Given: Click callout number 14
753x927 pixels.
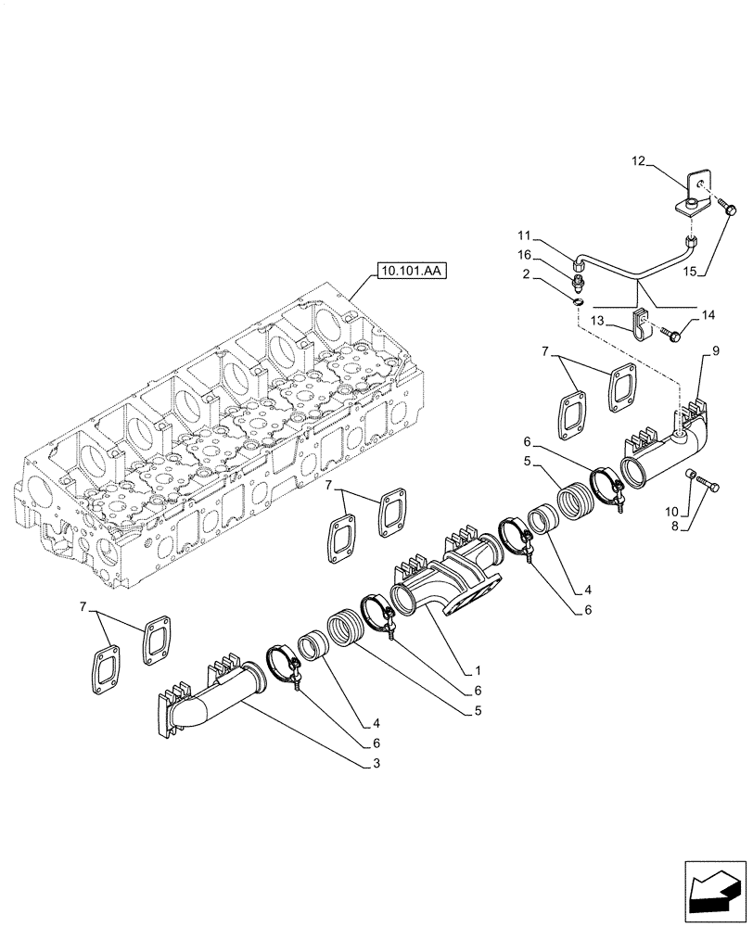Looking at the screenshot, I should click(x=708, y=315).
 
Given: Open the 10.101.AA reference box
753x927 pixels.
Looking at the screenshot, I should click(x=412, y=272).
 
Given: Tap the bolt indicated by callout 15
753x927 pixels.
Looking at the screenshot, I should click(x=727, y=210).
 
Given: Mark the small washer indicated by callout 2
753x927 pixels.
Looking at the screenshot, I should click(x=577, y=300).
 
